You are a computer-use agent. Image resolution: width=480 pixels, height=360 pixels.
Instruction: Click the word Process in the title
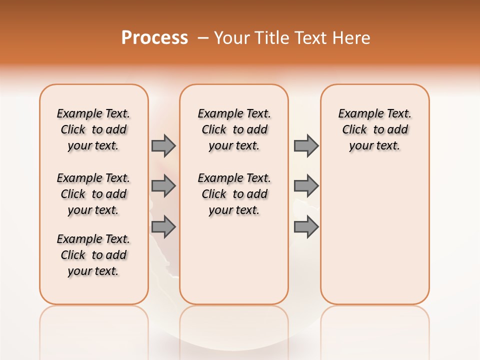[x=154, y=38]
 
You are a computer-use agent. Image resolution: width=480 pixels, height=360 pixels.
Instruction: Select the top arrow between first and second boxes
[x=163, y=145]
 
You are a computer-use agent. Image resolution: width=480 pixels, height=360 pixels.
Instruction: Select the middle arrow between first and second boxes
[x=163, y=186]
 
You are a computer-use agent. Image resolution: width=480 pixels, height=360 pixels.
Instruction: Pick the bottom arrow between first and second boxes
[x=163, y=226]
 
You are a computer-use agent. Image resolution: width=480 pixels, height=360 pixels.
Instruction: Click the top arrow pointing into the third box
[x=306, y=145]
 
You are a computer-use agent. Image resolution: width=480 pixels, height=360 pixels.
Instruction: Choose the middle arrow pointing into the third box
[x=306, y=186]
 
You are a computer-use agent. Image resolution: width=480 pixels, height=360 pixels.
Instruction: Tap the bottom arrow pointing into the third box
[x=306, y=226]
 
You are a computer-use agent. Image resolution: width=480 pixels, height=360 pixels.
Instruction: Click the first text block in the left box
[x=93, y=129]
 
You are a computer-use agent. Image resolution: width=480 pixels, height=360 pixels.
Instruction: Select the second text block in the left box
[x=93, y=194]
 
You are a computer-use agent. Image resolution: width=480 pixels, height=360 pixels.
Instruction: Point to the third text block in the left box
[x=93, y=255]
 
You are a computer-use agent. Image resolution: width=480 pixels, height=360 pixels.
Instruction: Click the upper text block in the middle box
[x=234, y=129]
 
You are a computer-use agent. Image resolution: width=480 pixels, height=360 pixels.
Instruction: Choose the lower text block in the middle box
[x=234, y=194]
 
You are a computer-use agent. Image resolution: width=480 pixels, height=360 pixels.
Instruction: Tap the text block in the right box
[x=375, y=129]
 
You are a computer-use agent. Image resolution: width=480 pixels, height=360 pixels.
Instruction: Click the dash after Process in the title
[x=203, y=38]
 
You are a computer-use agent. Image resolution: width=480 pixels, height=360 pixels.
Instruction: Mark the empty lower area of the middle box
[x=234, y=260]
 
